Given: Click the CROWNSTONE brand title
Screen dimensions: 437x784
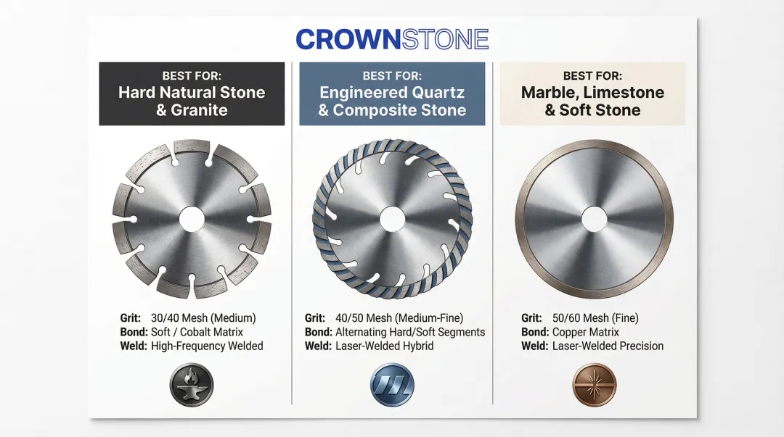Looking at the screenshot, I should point(392,39).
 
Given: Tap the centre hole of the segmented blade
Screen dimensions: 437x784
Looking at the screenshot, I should point(192,220).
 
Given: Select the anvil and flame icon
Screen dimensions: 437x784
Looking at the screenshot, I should point(192,384).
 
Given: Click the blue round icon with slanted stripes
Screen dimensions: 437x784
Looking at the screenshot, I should point(392,384).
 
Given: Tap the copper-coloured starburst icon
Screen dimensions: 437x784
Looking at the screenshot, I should point(594,384).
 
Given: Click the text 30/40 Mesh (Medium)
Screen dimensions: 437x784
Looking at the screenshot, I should point(203,318).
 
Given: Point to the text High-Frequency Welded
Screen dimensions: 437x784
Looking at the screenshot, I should point(207,346).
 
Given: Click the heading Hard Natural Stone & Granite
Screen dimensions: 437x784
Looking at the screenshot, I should point(192,101).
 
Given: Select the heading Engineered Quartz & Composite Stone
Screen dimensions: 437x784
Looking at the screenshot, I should point(392,101).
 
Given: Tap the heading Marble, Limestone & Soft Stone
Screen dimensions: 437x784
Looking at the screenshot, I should point(592,101).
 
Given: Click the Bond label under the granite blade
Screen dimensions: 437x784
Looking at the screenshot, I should point(134,332).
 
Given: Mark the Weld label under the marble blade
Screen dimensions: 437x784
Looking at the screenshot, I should point(534,346).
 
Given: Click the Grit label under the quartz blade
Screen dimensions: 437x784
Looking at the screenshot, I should point(314,318).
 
